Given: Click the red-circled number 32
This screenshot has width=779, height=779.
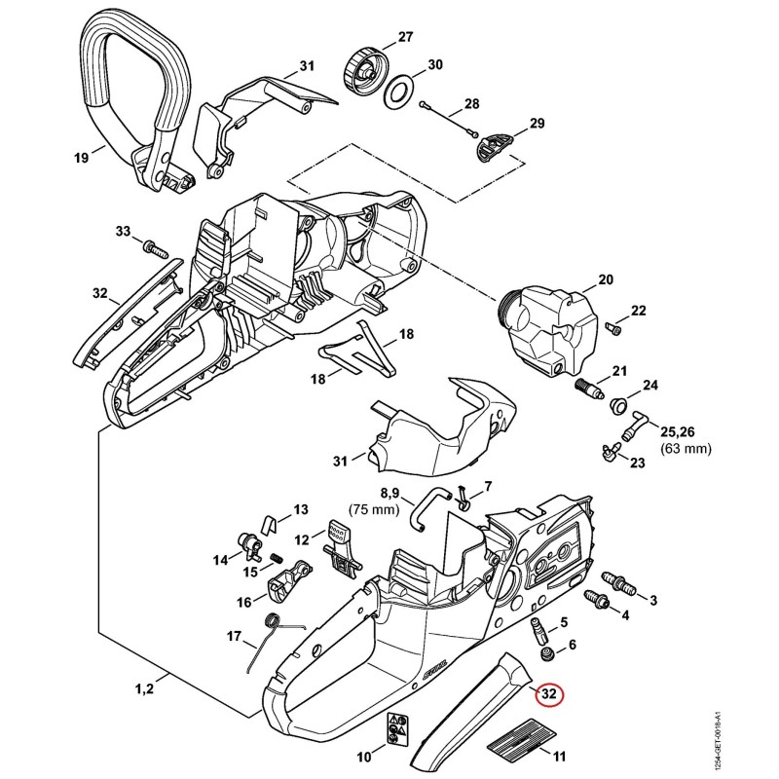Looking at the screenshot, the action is point(548,694).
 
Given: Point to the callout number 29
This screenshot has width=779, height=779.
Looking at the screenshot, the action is point(538,123).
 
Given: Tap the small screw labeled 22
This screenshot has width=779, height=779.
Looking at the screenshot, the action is point(612,328).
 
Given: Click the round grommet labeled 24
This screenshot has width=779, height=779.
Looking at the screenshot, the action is point(617,404).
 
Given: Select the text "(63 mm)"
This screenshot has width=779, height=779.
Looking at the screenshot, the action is point(686,449).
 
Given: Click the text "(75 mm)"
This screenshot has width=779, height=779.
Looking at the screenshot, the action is point(374,509).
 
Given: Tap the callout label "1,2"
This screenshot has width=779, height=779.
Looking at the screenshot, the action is point(144,688).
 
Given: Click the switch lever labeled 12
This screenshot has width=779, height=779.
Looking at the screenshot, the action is point(342,548).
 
